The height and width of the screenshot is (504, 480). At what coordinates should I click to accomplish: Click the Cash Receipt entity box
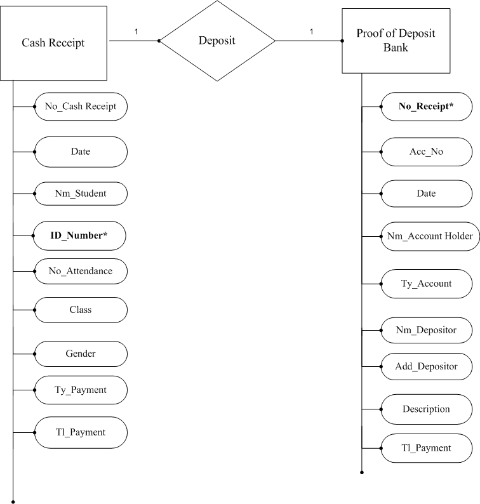[x=53, y=43]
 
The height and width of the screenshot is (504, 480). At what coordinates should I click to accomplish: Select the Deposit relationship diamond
[x=217, y=41]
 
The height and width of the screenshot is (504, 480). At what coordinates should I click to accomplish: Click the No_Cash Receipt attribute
[x=81, y=107]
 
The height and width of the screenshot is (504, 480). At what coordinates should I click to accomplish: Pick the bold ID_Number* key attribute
[x=79, y=235]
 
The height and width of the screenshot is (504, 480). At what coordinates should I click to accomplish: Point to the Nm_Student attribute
[x=80, y=194]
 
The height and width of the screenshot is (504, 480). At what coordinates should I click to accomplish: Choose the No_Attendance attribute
[x=80, y=271]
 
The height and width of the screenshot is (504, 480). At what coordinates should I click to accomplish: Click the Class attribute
[x=80, y=310]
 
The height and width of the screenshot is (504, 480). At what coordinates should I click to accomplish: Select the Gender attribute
[x=80, y=353]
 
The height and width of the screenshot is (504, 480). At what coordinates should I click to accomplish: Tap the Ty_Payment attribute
[x=80, y=390]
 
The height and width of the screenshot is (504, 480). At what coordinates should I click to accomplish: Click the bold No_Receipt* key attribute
[x=426, y=107]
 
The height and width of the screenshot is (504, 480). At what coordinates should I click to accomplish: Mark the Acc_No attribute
[x=426, y=152]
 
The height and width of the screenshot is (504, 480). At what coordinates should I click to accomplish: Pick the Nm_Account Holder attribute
[x=429, y=236]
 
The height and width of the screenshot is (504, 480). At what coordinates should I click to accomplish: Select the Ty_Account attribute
[x=426, y=284]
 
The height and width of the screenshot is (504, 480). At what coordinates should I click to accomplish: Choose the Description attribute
[x=426, y=409]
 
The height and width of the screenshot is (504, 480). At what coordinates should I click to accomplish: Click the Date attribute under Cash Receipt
[x=80, y=152]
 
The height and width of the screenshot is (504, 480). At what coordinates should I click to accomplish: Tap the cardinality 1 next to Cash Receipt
[x=135, y=31]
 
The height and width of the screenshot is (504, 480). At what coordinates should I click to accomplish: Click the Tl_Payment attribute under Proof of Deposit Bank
[x=426, y=448]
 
